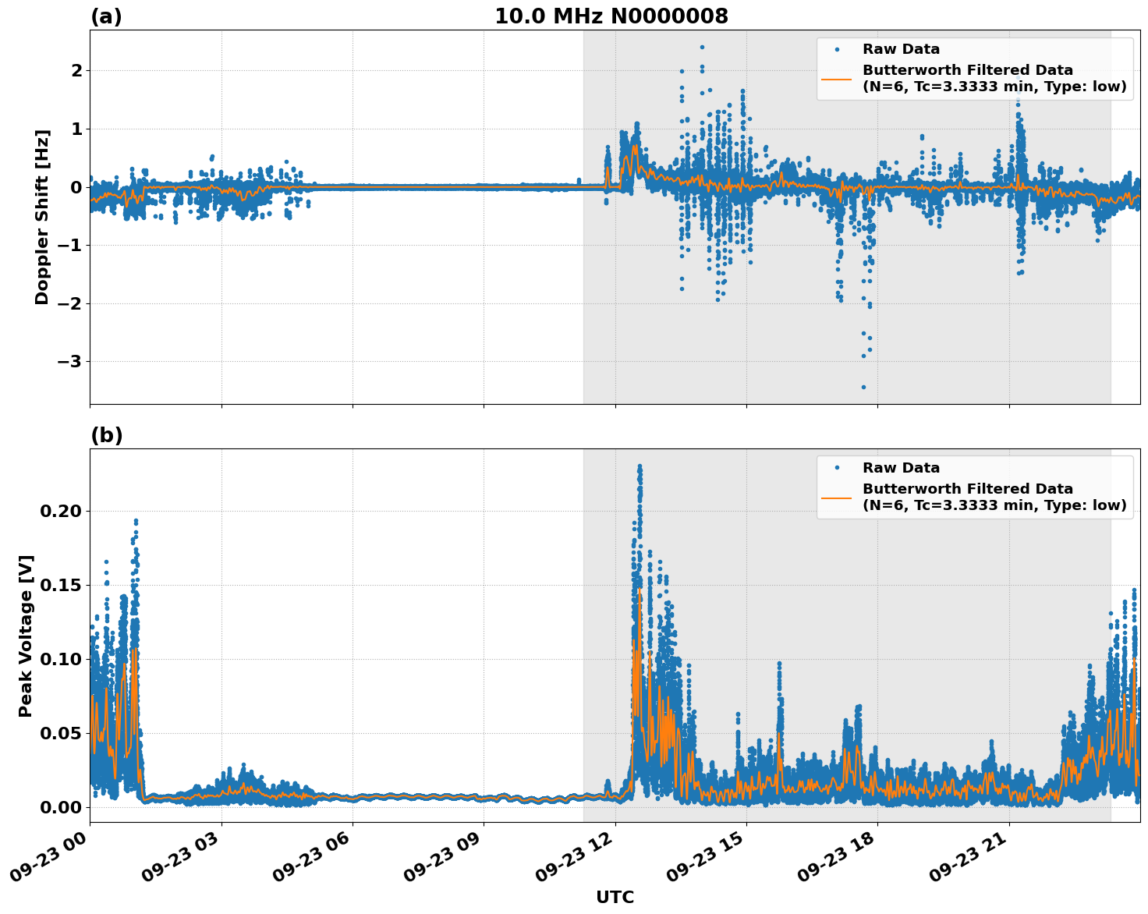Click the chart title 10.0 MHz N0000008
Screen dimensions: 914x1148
tap(611, 16)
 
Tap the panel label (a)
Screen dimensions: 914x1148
tap(106, 16)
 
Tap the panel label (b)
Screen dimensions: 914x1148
tap(106, 435)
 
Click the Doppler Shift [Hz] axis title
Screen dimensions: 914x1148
tap(42, 217)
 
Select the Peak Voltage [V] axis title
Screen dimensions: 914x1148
tap(26, 636)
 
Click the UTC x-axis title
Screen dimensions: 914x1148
tap(615, 897)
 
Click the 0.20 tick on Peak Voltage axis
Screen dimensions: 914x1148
tap(59, 512)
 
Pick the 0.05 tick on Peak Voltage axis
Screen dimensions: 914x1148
tap(59, 733)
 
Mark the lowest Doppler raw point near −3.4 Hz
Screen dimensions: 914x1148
tap(863, 387)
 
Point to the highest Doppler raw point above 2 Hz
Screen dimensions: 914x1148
tap(702, 47)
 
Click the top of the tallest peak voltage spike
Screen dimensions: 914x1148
tap(640, 466)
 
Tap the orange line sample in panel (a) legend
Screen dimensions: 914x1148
tap(836, 79)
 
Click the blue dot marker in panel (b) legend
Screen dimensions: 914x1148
tap(836, 468)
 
